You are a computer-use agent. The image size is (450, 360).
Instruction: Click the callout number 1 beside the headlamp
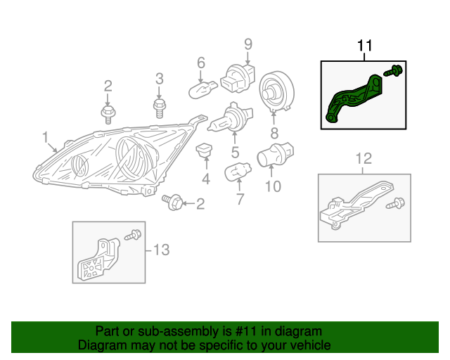(45, 136)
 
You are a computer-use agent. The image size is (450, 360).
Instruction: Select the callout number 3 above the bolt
(159, 78)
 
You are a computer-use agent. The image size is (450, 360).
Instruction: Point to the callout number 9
(247, 44)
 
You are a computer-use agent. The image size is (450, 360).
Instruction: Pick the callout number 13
(161, 249)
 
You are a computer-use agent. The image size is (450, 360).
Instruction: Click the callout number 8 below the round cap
(274, 132)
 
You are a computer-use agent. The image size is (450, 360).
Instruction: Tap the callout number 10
(272, 186)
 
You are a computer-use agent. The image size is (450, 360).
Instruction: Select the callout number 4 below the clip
(206, 179)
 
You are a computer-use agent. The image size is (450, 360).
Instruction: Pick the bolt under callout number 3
(159, 108)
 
